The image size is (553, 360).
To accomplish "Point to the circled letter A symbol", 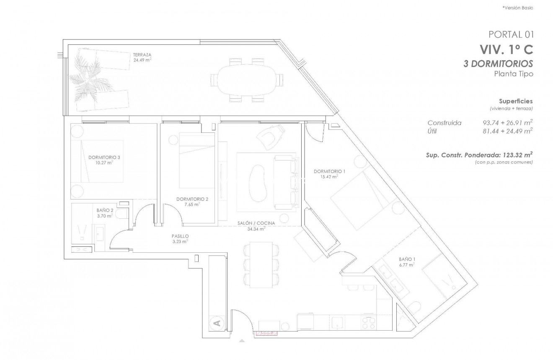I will pyautogui.click(x=217, y=323).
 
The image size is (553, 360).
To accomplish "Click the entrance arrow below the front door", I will pyautogui.click(x=242, y=342).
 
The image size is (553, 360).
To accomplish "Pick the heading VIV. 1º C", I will pyautogui.click(x=506, y=50).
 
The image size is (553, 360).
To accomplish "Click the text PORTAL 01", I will pyautogui.click(x=511, y=34).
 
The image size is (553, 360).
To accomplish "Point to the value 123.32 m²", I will pyautogui.click(x=516, y=155).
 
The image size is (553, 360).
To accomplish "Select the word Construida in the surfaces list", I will pyautogui.click(x=444, y=123).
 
